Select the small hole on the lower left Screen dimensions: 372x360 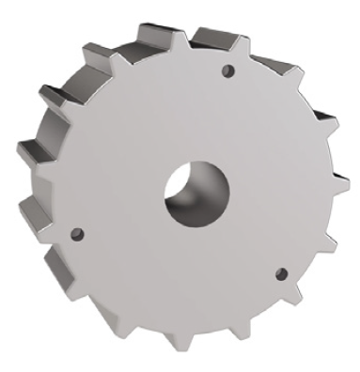click(x=78, y=233)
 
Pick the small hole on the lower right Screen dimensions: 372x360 click(x=279, y=273)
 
